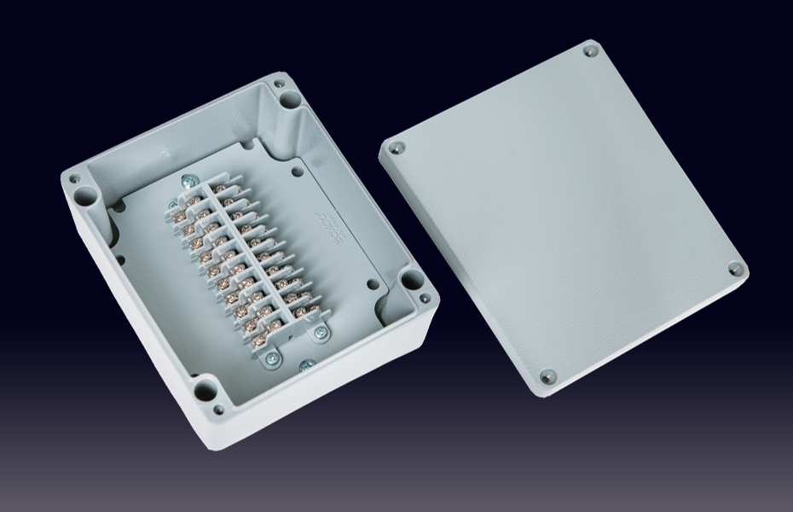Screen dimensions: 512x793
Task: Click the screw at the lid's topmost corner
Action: coord(590,51)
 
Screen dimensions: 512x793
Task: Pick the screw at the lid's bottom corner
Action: coord(547,375)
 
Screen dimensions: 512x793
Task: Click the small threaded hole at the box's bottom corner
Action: coord(219,410)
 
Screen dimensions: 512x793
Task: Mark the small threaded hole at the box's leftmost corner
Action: coord(74,179)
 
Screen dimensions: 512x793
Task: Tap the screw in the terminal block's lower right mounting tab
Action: coord(321,332)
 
